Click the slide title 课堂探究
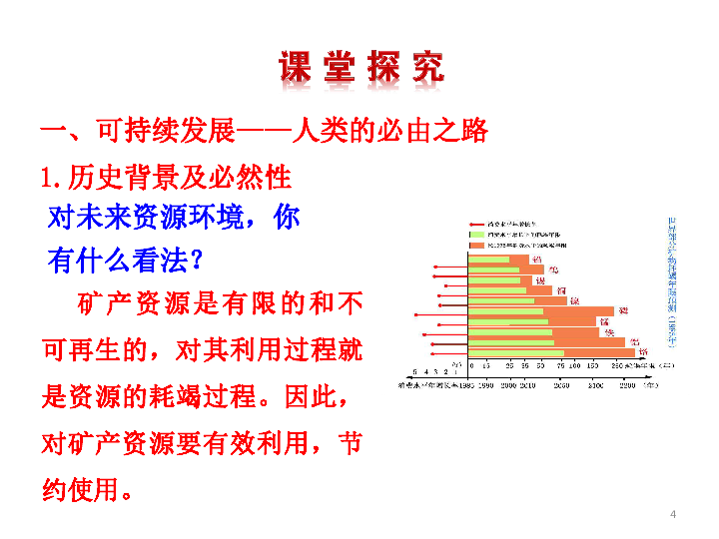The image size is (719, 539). (x=360, y=67)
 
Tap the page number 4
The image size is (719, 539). (x=673, y=514)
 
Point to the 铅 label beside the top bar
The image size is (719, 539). (x=538, y=260)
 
